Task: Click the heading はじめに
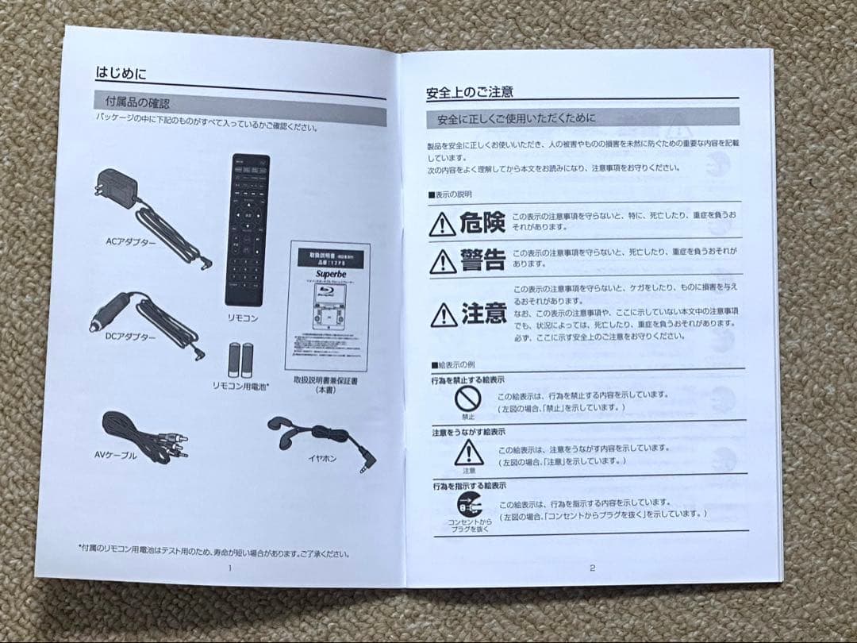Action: [121, 72]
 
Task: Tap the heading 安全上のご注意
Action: [469, 92]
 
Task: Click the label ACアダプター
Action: [131, 241]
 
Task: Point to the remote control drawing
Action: [247, 229]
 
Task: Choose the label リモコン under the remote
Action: [243, 318]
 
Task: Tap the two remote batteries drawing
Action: [241, 360]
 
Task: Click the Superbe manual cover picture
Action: [327, 306]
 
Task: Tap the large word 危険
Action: [482, 222]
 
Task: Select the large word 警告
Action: [482, 260]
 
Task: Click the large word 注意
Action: [484, 314]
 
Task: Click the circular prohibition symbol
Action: [468, 399]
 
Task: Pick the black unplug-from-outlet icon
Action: [469, 505]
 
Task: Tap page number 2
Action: [592, 567]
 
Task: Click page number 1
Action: [230, 568]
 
